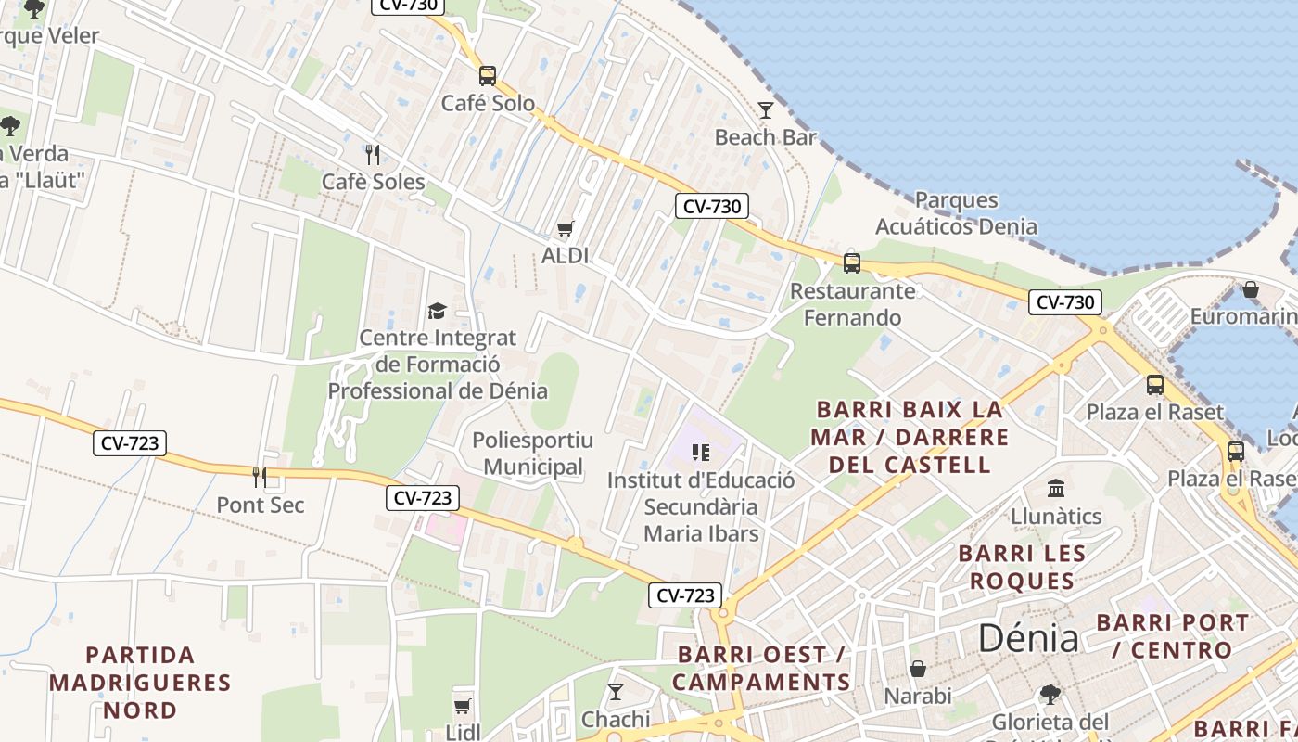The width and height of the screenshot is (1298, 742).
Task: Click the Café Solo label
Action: pyautogui.click(x=488, y=103)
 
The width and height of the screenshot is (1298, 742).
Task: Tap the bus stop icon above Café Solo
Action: pyautogui.click(x=487, y=75)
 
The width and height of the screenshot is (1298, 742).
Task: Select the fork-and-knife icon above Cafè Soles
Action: pyautogui.click(x=373, y=154)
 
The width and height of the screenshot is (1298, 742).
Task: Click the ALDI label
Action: pyautogui.click(x=565, y=255)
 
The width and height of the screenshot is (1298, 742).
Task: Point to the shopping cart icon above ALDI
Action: pyautogui.click(x=565, y=228)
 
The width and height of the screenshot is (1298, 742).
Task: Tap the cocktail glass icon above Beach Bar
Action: pyautogui.click(x=765, y=110)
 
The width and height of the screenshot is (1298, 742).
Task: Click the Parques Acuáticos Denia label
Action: pyautogui.click(x=956, y=213)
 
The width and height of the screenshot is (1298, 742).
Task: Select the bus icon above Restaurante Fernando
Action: pyautogui.click(x=851, y=262)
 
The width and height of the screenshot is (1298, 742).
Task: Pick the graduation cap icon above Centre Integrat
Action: pyautogui.click(x=436, y=311)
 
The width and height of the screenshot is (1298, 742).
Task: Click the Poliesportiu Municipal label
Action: pyautogui.click(x=533, y=453)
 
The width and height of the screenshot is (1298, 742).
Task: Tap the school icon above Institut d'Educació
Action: pyautogui.click(x=700, y=453)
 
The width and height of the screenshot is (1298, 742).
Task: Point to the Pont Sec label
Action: pyautogui.click(x=260, y=505)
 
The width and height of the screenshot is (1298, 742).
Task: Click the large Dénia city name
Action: pyautogui.click(x=1028, y=639)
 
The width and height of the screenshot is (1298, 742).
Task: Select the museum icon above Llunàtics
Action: pyautogui.click(x=1055, y=489)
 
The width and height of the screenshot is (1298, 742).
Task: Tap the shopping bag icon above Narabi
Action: pyautogui.click(x=918, y=669)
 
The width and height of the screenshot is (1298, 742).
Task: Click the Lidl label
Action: pyautogui.click(x=463, y=732)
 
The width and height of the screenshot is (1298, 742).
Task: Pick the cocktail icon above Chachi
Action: pyautogui.click(x=615, y=692)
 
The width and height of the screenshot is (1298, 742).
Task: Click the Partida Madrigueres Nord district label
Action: pyautogui.click(x=140, y=683)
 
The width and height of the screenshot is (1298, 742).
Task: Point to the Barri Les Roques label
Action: pyautogui.click(x=1021, y=567)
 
